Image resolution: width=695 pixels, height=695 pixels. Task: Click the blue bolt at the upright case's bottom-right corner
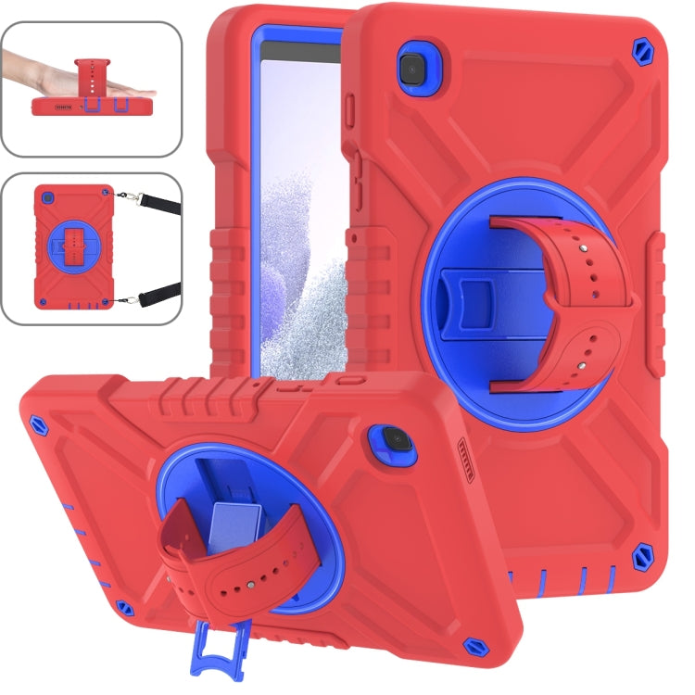(x=640, y=558)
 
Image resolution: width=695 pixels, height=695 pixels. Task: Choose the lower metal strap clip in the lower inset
(x=143, y=298)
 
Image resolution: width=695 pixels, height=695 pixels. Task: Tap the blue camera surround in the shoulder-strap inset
(x=49, y=198)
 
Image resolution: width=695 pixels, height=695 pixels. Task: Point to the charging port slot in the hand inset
(x=91, y=106)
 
